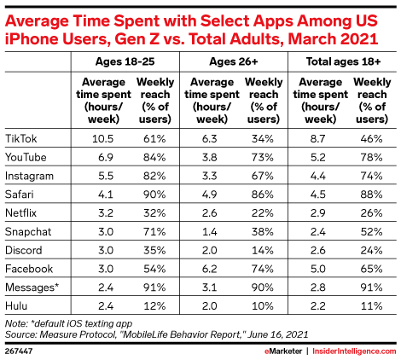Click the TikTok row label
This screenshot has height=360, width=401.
[21, 138]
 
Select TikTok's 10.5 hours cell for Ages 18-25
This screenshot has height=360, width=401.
[102, 138]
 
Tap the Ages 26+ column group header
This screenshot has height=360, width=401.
[234, 61]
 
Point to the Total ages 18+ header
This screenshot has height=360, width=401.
[343, 61]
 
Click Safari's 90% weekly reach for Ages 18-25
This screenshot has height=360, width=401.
[154, 195]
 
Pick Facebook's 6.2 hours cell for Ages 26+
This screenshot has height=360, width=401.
[209, 269]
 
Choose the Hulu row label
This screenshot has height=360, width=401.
[16, 306]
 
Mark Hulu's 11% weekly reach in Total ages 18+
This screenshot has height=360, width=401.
[371, 306]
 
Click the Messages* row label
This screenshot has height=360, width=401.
[32, 287]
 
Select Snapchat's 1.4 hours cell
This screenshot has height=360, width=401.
[209, 231]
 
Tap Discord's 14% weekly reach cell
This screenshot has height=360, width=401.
[263, 250]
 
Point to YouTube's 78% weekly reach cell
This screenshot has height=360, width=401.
[371, 157]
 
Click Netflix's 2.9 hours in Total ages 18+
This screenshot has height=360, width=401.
[317, 213]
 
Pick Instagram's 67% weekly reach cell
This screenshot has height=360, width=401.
[263, 176]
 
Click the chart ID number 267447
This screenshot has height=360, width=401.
[19, 351]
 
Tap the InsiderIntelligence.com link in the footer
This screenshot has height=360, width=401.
[354, 351]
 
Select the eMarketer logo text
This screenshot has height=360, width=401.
[283, 351]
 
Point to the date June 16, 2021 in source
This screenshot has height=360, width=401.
[278, 334]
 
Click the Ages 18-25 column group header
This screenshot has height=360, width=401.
[125, 61]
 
